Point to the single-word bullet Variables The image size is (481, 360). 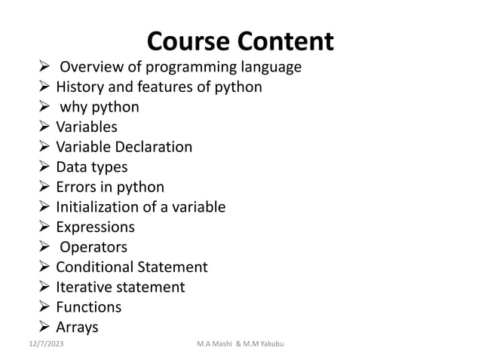point(87,127)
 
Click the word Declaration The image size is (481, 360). point(153,147)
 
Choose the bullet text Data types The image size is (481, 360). point(91,166)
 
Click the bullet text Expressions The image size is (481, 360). point(95,227)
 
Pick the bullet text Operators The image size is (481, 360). point(93,247)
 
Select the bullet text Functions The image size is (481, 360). point(88,307)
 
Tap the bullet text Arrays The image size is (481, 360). point(77,327)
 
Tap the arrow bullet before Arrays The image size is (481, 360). point(44,327)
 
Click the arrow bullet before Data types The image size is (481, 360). point(44,167)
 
